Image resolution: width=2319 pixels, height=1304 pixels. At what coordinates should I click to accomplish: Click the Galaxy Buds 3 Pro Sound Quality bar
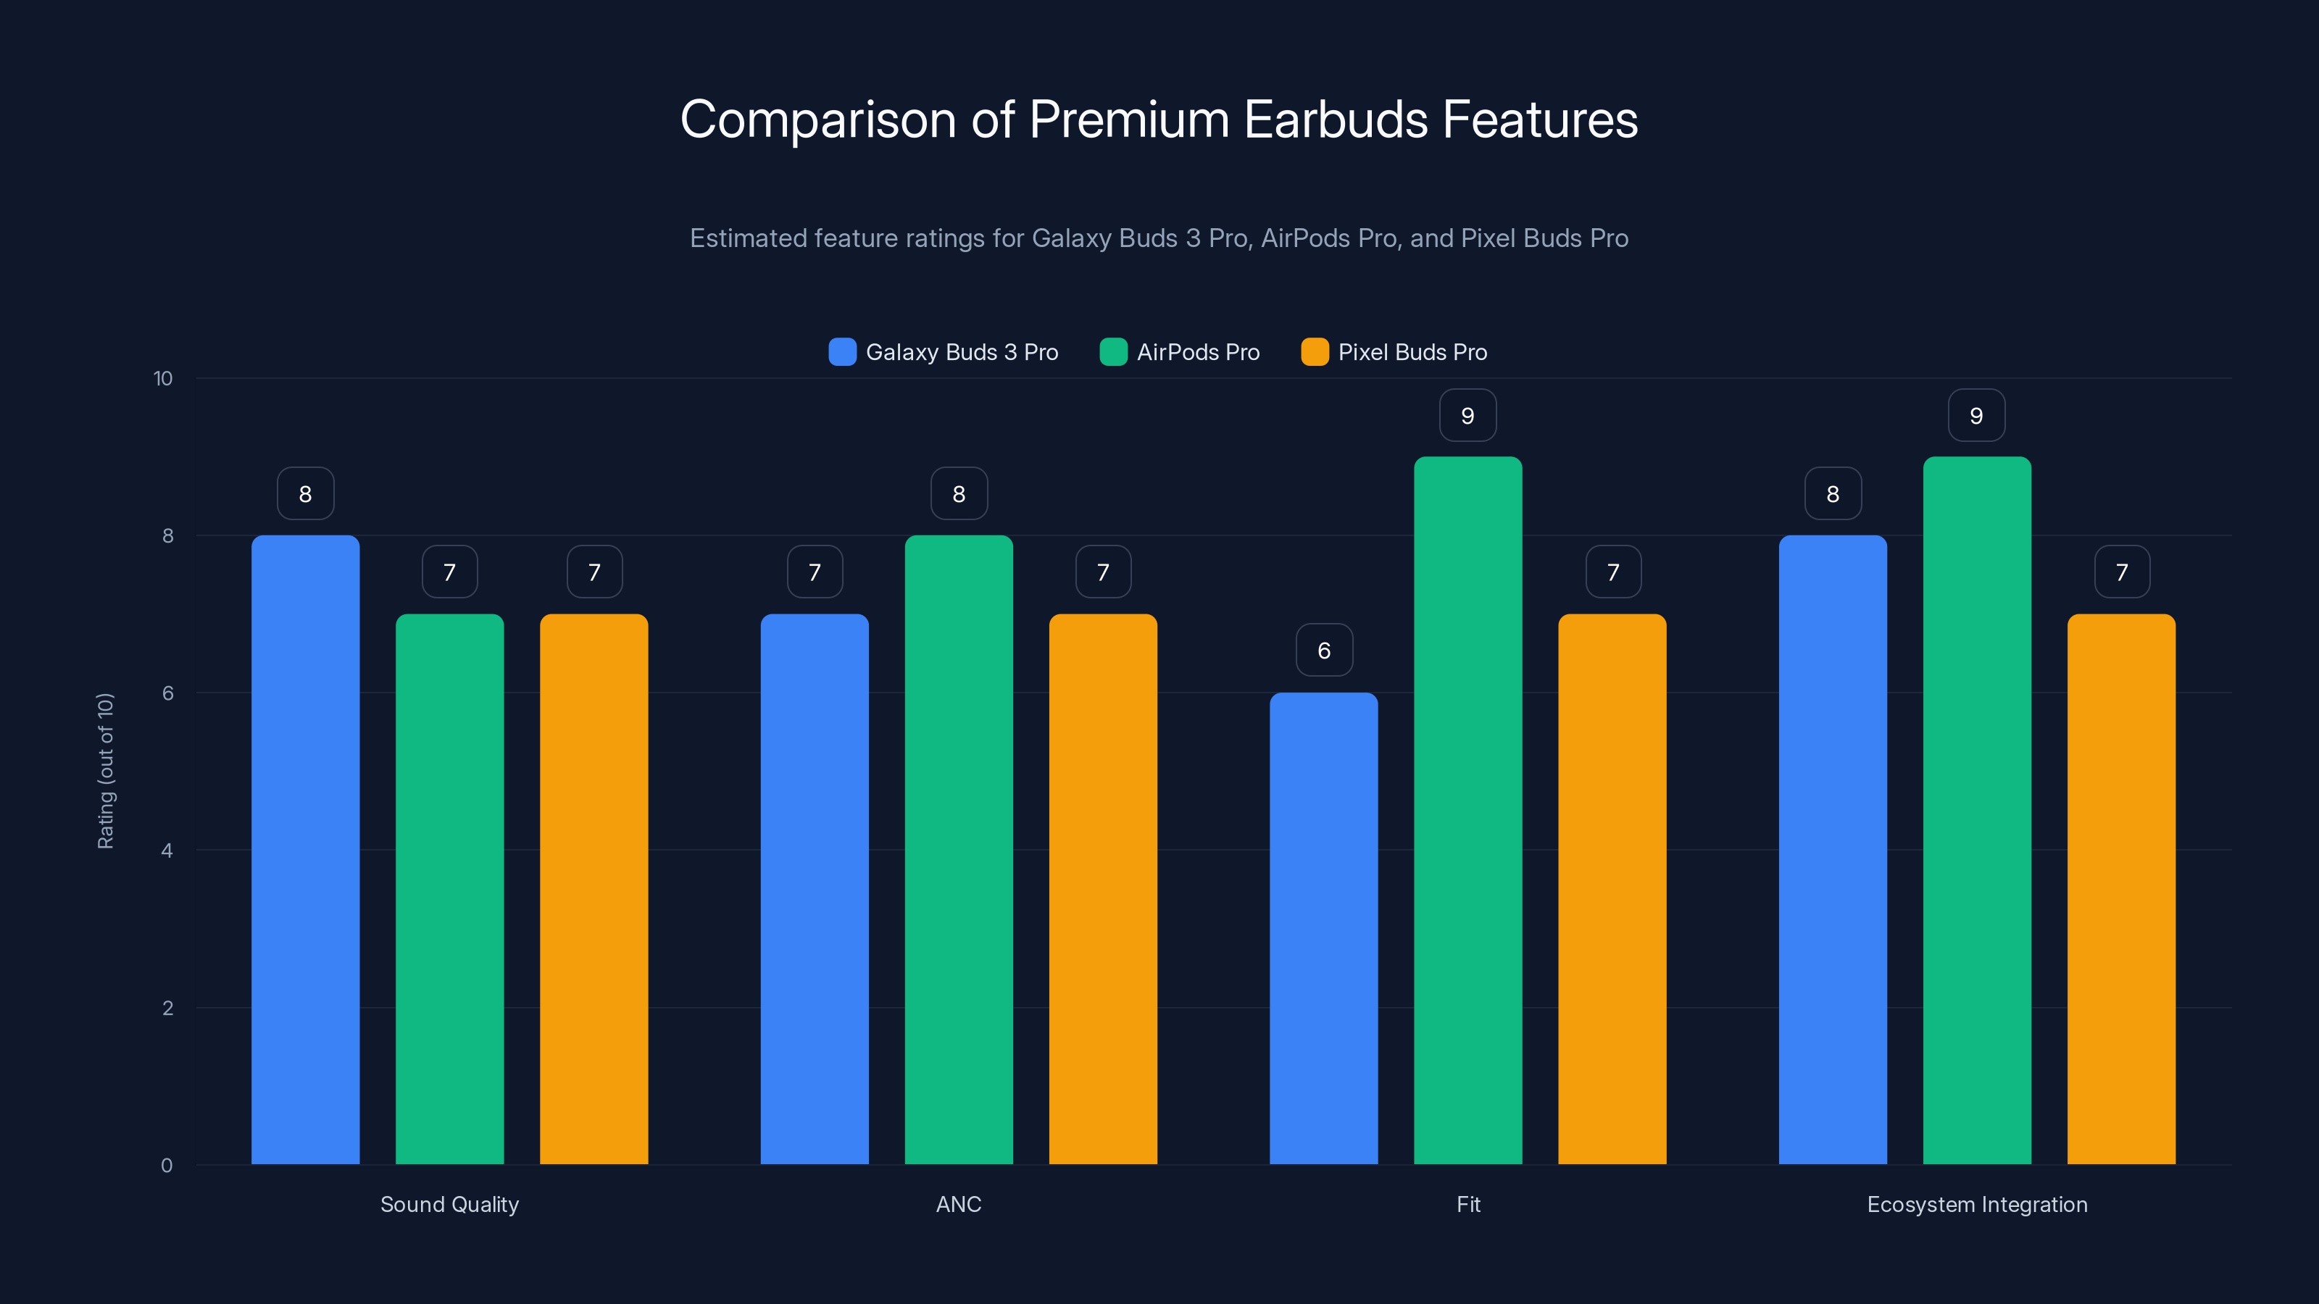click(x=305, y=850)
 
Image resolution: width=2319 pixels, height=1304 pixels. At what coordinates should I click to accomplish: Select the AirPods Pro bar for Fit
click(x=1467, y=810)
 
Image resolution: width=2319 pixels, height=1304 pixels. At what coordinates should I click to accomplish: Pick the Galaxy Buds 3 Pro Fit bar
click(x=1323, y=928)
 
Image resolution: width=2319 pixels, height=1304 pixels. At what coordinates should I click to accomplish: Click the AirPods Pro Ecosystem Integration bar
click(x=1977, y=810)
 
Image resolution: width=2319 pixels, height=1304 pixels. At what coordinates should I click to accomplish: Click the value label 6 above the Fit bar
click(x=1324, y=650)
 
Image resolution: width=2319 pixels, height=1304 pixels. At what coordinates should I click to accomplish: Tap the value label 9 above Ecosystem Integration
click(x=1976, y=415)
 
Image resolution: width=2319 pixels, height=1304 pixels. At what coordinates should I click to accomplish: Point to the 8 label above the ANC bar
click(x=959, y=493)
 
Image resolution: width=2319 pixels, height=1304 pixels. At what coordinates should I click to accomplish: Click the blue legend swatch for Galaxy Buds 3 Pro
click(x=841, y=352)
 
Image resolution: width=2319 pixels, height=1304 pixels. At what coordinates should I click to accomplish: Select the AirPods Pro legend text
click(x=1197, y=352)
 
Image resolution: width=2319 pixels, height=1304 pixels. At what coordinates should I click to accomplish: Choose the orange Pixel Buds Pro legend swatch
click(x=1315, y=352)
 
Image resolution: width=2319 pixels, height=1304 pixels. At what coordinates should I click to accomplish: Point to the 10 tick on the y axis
click(x=163, y=378)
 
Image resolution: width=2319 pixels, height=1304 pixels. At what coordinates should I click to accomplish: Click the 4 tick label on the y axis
click(x=167, y=850)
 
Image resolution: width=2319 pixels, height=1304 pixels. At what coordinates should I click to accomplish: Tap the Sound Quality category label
click(x=449, y=1204)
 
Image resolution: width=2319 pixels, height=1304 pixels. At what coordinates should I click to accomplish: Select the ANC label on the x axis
click(x=959, y=1204)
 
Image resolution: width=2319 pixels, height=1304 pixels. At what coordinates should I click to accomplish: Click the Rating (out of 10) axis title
click(x=105, y=770)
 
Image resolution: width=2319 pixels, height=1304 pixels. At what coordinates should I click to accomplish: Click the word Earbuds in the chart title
click(x=1335, y=120)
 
